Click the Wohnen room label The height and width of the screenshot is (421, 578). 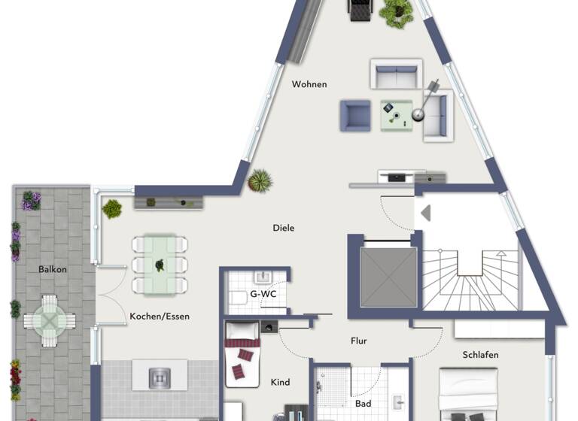309,84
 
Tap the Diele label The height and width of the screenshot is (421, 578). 284,228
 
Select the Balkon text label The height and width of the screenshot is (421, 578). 53,269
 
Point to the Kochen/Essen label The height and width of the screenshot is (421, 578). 160,317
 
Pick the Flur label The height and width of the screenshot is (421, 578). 359,341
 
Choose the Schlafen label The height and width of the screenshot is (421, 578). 481,355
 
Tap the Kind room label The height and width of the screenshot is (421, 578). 280,383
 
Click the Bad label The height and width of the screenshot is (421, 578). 364,404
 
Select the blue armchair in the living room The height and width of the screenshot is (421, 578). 354,115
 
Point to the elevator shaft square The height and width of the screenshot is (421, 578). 388,276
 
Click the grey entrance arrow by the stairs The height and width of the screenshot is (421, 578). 425,213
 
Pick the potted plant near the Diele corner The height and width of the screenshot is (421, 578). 260,180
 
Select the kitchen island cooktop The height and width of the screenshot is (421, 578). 160,374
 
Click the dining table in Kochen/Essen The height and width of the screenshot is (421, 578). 160,265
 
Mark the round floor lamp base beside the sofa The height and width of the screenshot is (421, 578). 416,115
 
